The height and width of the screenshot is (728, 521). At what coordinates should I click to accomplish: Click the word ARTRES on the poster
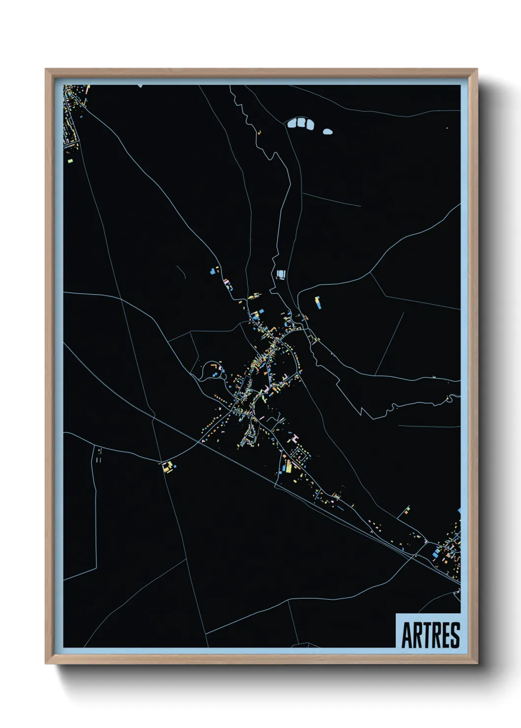click(x=430, y=635)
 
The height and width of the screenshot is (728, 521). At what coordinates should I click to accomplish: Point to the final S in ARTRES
click(x=455, y=635)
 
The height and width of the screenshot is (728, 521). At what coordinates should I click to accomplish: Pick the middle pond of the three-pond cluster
click(x=300, y=122)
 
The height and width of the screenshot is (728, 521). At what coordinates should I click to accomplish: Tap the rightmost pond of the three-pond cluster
click(x=309, y=124)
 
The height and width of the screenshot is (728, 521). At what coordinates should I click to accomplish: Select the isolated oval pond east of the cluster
click(x=327, y=131)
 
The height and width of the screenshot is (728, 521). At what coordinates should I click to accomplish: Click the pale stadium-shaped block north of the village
click(x=280, y=273)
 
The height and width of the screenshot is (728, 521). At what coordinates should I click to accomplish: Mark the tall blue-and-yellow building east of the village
click(x=318, y=302)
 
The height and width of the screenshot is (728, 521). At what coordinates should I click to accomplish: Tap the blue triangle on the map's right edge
click(x=459, y=512)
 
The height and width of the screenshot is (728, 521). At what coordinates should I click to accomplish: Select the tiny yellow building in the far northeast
click(x=447, y=128)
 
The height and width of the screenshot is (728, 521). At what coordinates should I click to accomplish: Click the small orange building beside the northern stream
click(x=259, y=131)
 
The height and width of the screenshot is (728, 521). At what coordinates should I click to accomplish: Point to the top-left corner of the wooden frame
click(x=46, y=70)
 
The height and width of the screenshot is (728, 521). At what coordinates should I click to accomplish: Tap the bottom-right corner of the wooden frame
click(x=476, y=663)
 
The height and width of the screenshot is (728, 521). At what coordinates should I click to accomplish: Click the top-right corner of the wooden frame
click(x=476, y=70)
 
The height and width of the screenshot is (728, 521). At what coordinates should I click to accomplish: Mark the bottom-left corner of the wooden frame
click(x=46, y=663)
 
